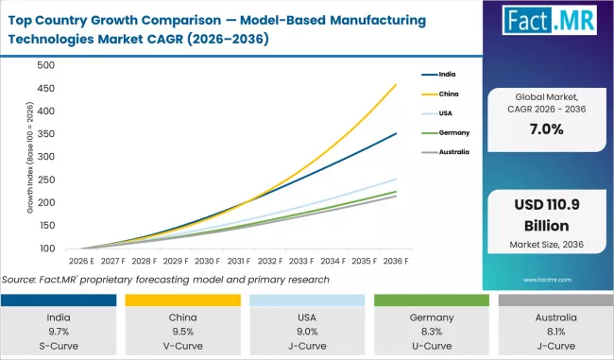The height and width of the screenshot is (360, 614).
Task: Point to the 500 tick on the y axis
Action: [x=45, y=65]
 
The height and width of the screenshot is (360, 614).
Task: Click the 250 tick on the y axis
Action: [x=45, y=180]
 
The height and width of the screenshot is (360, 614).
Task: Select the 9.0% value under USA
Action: [x=307, y=331]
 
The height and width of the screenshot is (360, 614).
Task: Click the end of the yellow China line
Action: [x=396, y=85]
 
